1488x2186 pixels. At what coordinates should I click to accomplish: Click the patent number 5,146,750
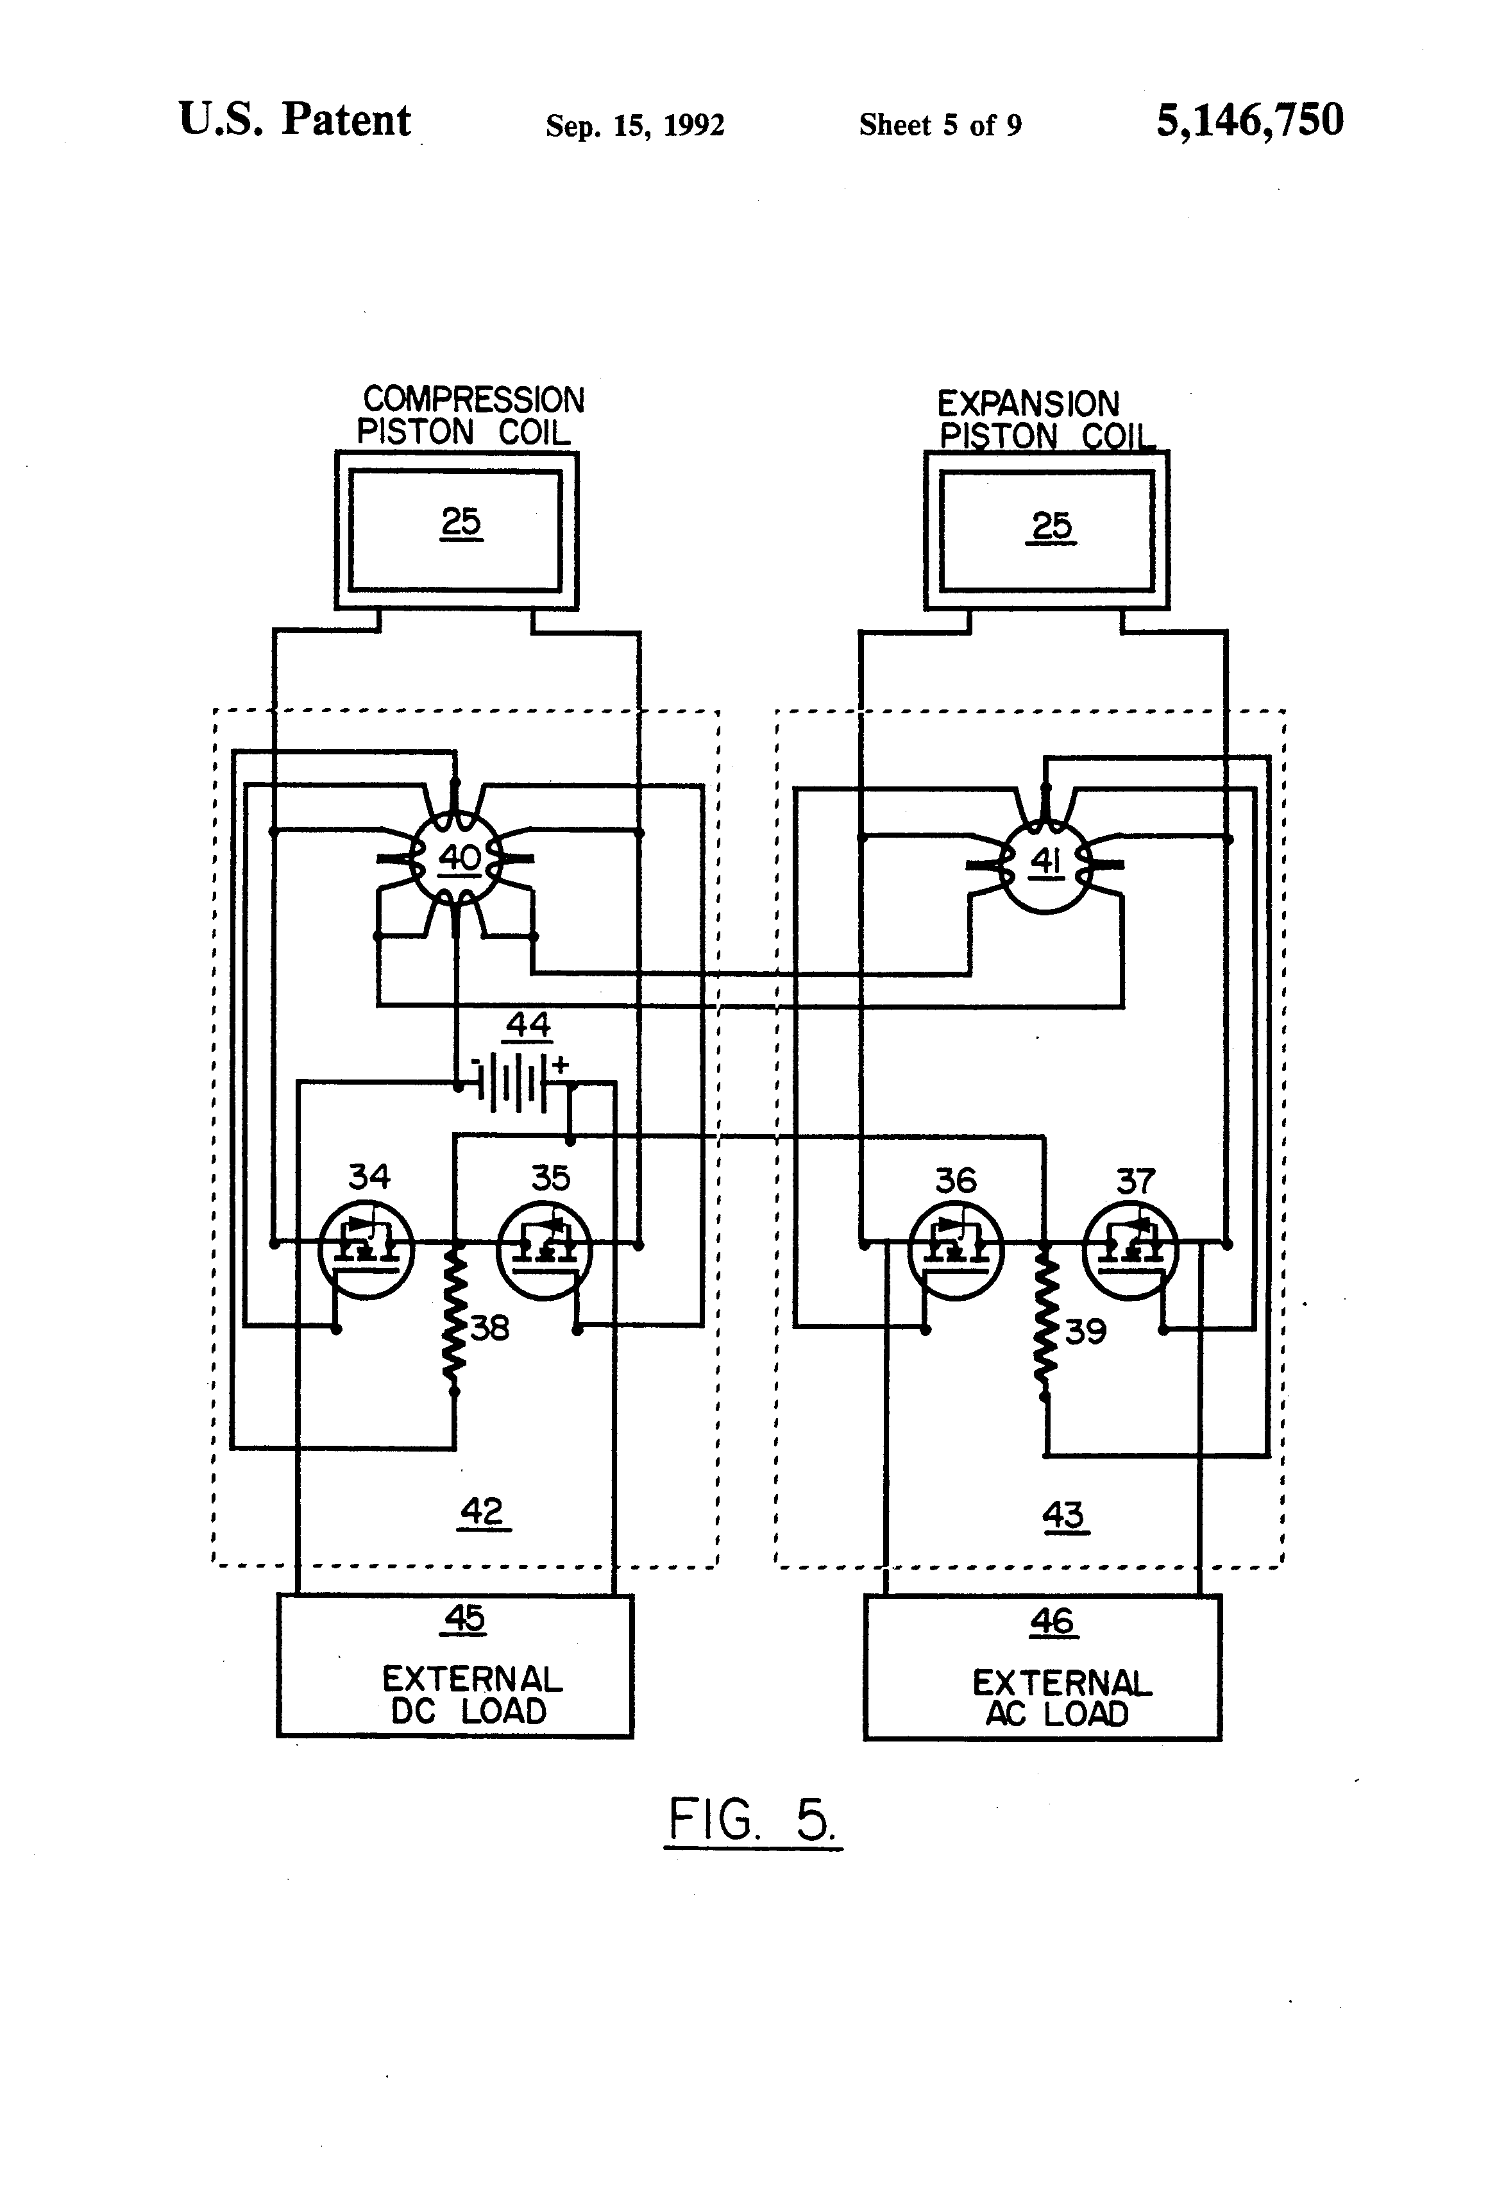pyautogui.click(x=1249, y=121)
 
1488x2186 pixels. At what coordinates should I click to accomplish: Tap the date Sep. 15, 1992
pyautogui.click(x=635, y=125)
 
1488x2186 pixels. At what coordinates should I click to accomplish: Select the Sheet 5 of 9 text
pyautogui.click(x=940, y=125)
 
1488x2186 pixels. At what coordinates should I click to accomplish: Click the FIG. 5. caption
pyautogui.click(x=752, y=1820)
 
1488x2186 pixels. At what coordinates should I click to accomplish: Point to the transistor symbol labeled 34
pyautogui.click(x=367, y=1250)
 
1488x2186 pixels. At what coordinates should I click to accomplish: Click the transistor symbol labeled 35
pyautogui.click(x=544, y=1251)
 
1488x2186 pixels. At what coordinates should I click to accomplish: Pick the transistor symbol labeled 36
pyautogui.click(x=956, y=1253)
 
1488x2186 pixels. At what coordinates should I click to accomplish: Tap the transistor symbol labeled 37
pyautogui.click(x=1131, y=1253)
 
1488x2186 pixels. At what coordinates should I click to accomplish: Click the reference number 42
pyautogui.click(x=482, y=1512)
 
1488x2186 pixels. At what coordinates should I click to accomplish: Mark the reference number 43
pyautogui.click(x=1064, y=1515)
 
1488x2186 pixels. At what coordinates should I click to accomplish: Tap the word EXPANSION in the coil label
pyautogui.click(x=1028, y=405)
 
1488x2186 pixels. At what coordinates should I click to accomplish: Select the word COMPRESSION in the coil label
pyautogui.click(x=473, y=400)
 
